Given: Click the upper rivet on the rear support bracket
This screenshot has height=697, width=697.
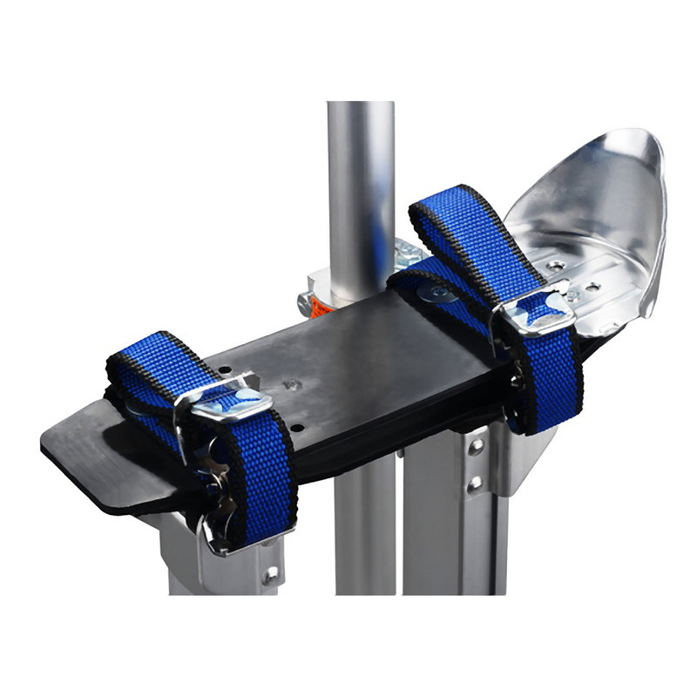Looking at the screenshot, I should coord(476,447).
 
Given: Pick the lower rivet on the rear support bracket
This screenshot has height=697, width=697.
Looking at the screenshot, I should coord(476,482).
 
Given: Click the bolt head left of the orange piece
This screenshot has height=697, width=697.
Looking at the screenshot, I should coord(304,304).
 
